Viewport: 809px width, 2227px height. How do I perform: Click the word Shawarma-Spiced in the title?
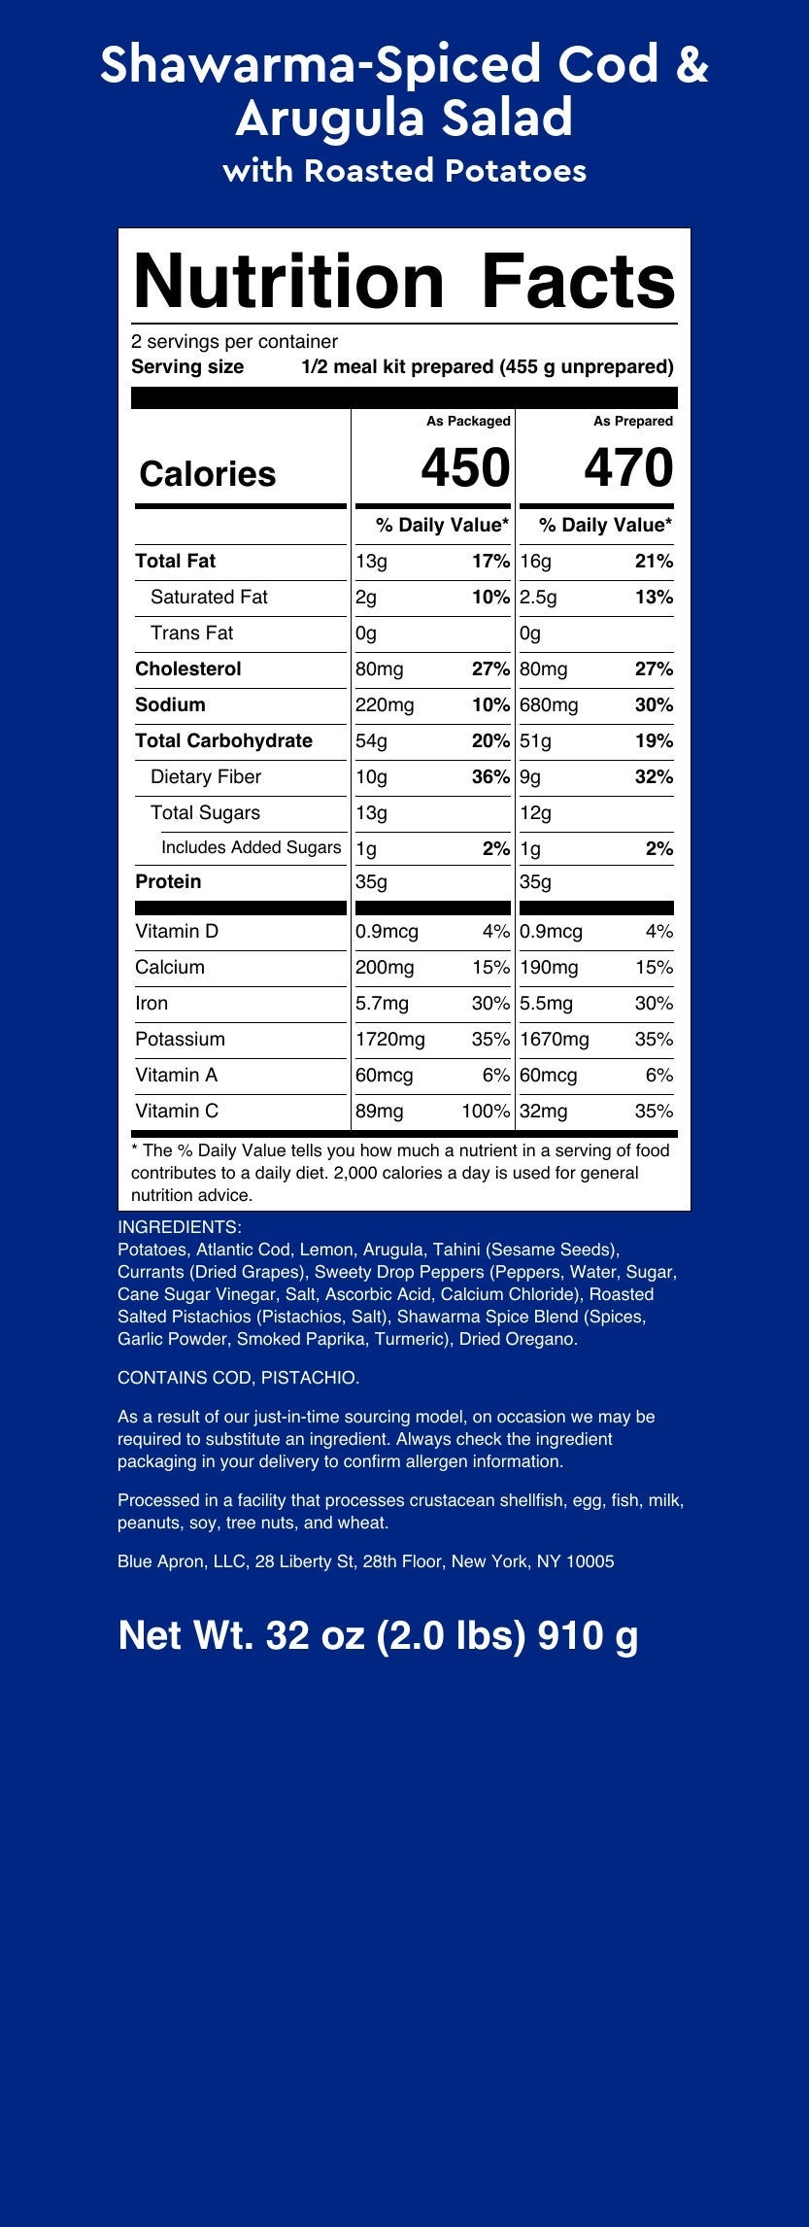[x=320, y=66]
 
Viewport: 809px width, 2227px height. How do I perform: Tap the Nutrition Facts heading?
[x=403, y=281]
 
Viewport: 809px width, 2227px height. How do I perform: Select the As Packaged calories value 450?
[x=464, y=468]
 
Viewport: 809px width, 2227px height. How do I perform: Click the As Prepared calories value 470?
[x=627, y=468]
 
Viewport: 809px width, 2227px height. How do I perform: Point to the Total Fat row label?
[x=176, y=562]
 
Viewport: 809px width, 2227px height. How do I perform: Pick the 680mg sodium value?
[x=549, y=705]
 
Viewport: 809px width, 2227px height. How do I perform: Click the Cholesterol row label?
[x=188, y=669]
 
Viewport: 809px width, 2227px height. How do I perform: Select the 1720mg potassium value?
[x=390, y=1040]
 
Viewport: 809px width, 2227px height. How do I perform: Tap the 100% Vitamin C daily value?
[x=486, y=1112]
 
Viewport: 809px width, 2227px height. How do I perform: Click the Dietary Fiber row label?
[x=206, y=777]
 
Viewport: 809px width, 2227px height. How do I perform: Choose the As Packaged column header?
[x=468, y=422]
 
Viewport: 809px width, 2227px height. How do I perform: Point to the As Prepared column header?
[x=633, y=422]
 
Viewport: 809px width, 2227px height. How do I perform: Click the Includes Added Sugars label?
[x=251, y=848]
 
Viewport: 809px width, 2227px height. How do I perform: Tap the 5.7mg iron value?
[x=383, y=1004]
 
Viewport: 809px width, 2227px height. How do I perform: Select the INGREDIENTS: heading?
[x=180, y=1227]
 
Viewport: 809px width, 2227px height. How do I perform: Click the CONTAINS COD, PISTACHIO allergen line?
[x=239, y=1378]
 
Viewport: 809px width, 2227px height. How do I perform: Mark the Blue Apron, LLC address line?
[x=365, y=1562]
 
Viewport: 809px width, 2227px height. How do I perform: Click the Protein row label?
[x=168, y=882]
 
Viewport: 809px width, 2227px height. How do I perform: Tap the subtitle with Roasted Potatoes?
[x=404, y=171]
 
